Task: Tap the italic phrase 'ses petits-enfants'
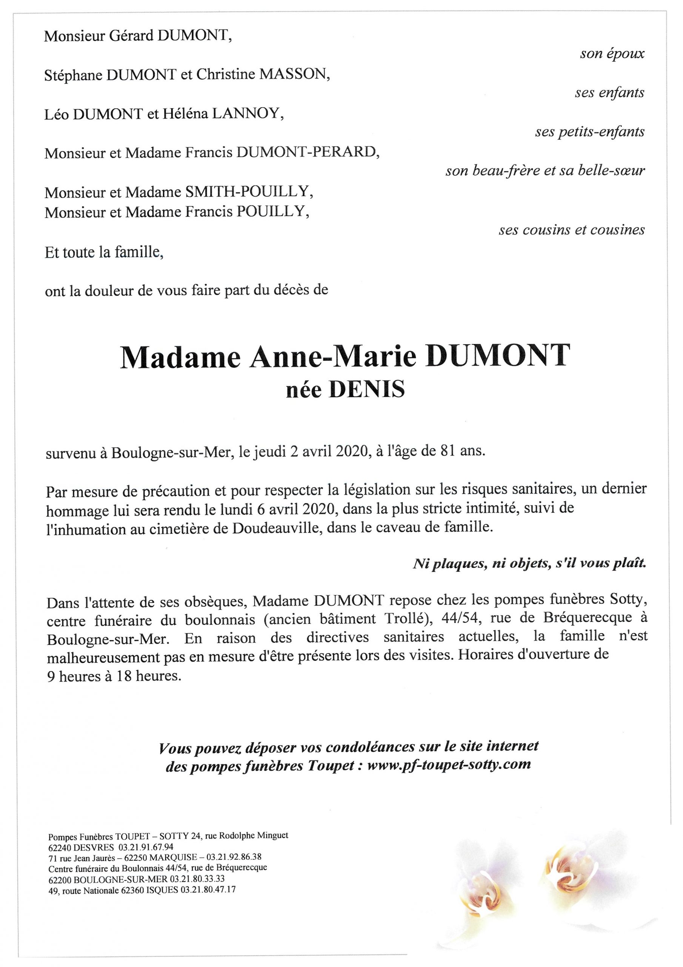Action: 589,132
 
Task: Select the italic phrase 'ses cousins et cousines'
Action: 571,230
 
